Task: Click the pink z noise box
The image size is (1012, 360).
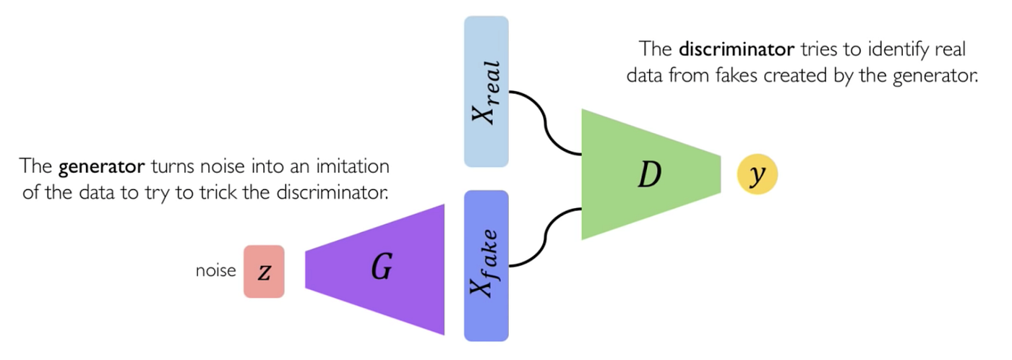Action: point(264,271)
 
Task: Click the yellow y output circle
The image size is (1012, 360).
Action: point(757,175)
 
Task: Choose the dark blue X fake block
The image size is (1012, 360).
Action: point(486,265)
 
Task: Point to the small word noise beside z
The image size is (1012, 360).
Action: point(215,271)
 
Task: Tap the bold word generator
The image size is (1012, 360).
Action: point(103,167)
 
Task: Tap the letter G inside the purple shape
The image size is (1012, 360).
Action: point(382,268)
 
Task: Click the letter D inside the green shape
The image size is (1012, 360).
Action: point(648,176)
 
